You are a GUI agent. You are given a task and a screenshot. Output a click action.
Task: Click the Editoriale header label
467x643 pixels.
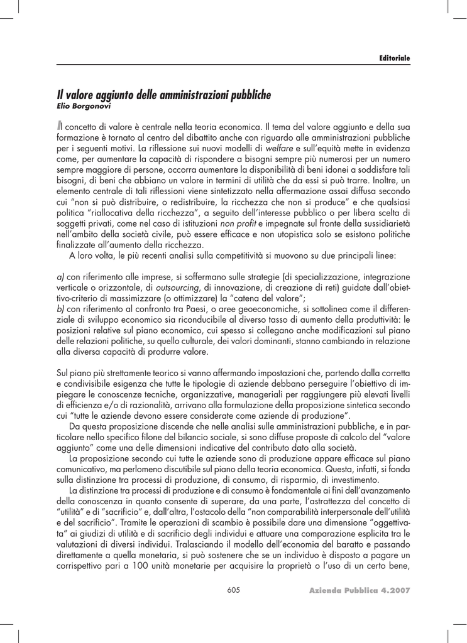(x=394, y=58)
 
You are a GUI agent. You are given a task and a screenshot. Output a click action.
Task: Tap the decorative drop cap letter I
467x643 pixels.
(x=60, y=128)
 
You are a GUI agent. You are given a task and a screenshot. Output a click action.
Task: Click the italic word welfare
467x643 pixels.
(x=280, y=148)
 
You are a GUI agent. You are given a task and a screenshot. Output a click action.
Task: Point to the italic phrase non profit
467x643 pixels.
(x=238, y=223)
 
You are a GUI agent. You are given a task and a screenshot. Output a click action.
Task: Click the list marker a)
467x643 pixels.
(x=60, y=276)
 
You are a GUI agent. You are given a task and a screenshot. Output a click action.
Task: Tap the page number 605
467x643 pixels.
(x=233, y=590)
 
